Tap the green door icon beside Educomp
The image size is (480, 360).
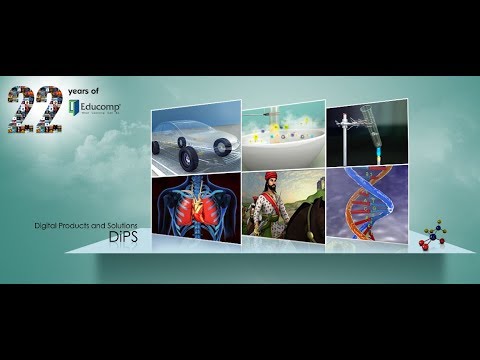coord(73,103)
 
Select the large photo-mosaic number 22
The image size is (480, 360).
coord(34,109)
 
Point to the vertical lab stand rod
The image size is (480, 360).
coord(346,140)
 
